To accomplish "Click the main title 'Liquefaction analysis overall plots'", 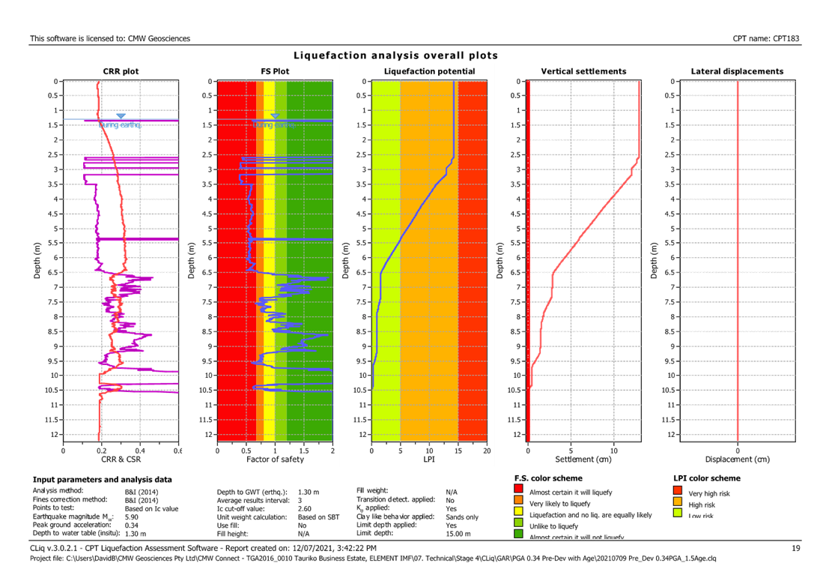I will click(x=395, y=56).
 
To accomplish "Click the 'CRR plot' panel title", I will click(x=121, y=72).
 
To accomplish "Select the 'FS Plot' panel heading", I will click(x=275, y=72).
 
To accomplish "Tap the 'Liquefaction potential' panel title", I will click(x=429, y=72).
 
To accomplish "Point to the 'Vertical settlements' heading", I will click(x=583, y=72).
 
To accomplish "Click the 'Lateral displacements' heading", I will click(x=738, y=72).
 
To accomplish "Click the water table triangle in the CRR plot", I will click(x=121, y=116).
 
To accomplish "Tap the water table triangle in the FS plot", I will click(x=275, y=116).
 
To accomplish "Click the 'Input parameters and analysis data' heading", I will click(x=103, y=479).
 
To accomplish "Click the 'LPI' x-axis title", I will click(x=429, y=459).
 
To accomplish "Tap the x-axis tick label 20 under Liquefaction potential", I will click(x=486, y=451).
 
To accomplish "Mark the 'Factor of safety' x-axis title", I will click(x=275, y=459).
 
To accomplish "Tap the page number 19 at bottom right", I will click(x=796, y=550).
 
